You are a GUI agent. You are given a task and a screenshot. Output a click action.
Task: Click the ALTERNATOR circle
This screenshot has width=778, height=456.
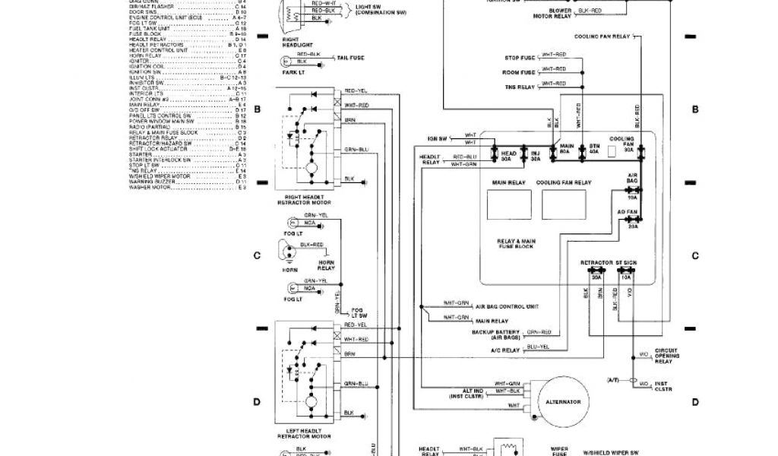(563, 401)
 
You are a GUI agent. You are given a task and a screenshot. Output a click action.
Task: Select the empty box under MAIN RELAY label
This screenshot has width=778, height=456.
(508, 204)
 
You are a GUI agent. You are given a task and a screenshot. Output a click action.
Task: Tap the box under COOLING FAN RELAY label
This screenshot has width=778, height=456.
(563, 204)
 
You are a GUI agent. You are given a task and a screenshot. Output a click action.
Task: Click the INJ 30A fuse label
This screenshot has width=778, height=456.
(535, 155)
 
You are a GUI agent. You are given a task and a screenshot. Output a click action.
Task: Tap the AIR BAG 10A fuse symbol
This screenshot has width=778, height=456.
(632, 190)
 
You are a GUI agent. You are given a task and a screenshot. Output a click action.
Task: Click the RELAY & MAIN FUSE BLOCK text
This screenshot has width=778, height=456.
(517, 243)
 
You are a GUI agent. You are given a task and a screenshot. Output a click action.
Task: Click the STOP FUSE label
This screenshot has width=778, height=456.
(520, 58)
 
